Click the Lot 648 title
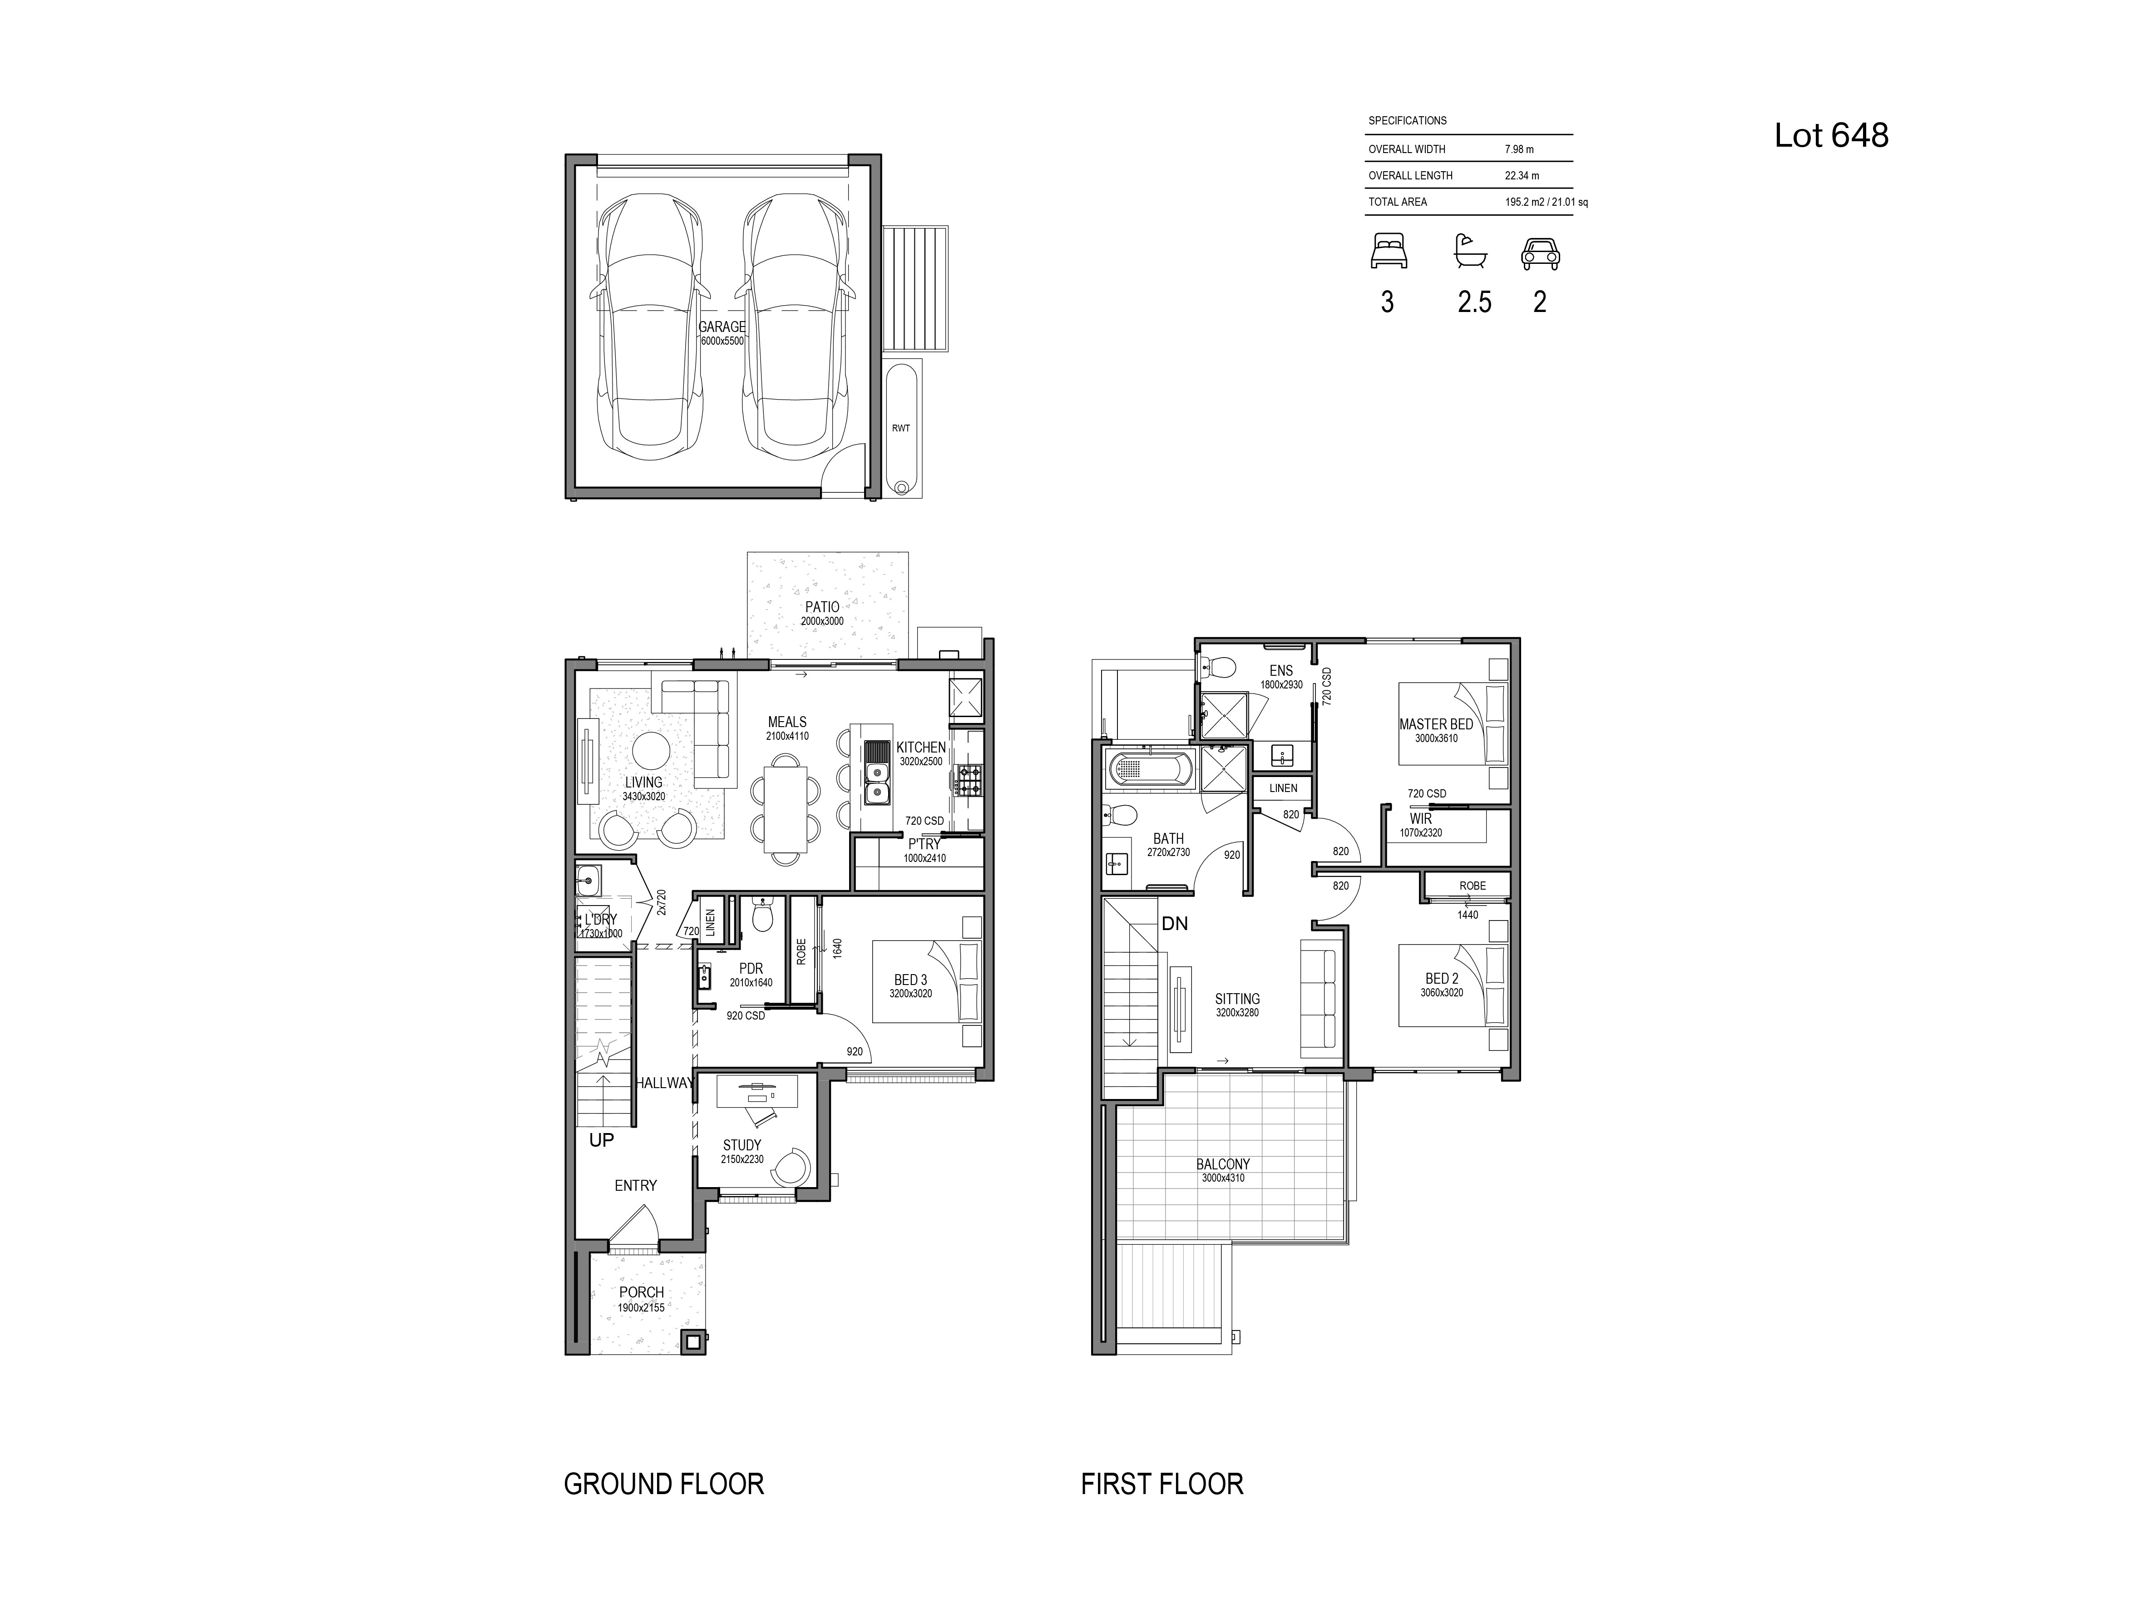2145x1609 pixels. point(1831,135)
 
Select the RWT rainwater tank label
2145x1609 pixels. point(901,428)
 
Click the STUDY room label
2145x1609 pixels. point(742,1145)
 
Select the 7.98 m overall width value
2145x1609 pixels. point(1518,149)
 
